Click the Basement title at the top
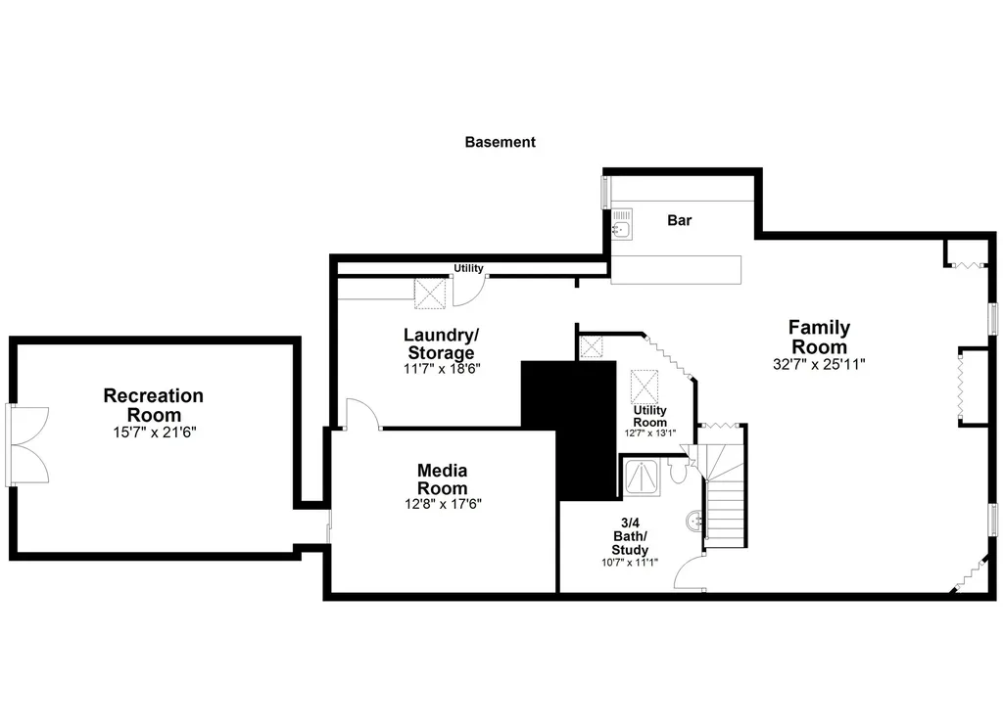[x=500, y=142]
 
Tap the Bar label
[x=679, y=220]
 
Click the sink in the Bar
[x=622, y=226]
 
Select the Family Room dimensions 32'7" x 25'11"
[x=819, y=364]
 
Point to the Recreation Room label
[x=154, y=405]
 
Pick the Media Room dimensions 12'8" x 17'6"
[x=443, y=504]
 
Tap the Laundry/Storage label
[x=439, y=343]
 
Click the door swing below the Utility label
[x=466, y=290]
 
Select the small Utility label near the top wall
[x=468, y=268]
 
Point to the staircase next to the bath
[x=726, y=504]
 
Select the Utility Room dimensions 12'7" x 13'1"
[x=649, y=432]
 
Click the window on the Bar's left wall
[x=605, y=192]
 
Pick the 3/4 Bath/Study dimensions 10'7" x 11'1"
[x=630, y=563]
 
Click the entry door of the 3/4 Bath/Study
[x=691, y=572]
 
